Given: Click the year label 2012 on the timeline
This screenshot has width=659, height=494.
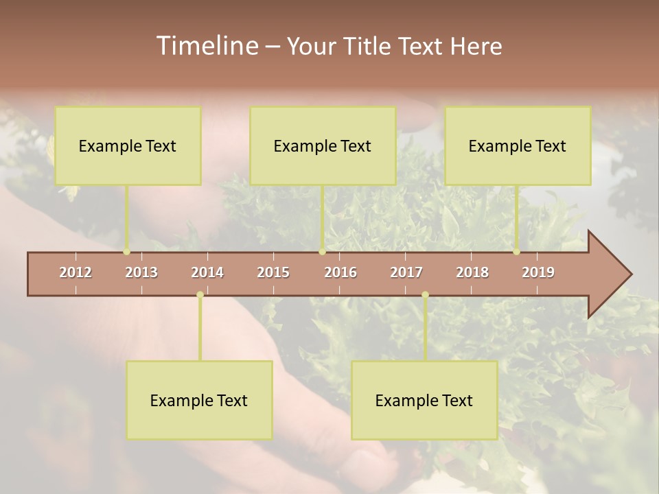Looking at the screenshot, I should [x=76, y=272].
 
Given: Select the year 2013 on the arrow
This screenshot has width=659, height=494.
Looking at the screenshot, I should [x=141, y=272].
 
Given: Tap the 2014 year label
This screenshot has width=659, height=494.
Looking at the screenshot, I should [x=207, y=272].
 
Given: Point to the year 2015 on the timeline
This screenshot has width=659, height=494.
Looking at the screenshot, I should [x=273, y=272].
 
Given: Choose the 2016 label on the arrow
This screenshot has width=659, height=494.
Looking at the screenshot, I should [x=340, y=272].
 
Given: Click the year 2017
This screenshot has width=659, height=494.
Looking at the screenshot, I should [x=406, y=272].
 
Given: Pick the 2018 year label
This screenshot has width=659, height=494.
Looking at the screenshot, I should [x=472, y=272].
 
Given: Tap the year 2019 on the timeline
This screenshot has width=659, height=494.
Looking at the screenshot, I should [x=538, y=272].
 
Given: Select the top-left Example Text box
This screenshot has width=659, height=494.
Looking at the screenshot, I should [x=128, y=145].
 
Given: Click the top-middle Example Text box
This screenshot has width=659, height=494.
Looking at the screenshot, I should [x=323, y=145].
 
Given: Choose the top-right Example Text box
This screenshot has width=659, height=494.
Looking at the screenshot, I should [x=518, y=145].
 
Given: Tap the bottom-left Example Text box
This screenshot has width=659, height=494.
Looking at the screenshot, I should [x=199, y=400].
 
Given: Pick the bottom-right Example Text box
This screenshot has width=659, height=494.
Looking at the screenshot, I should [x=424, y=400].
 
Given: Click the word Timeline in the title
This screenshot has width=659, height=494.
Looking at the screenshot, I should [x=207, y=46].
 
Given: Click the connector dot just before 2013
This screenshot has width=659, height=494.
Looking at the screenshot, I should [x=127, y=252].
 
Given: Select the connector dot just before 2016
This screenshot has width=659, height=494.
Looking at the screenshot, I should [x=323, y=252].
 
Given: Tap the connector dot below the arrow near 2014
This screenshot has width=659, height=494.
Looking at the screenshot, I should [x=200, y=294].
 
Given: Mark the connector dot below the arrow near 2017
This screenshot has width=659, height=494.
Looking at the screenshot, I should [x=425, y=294].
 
